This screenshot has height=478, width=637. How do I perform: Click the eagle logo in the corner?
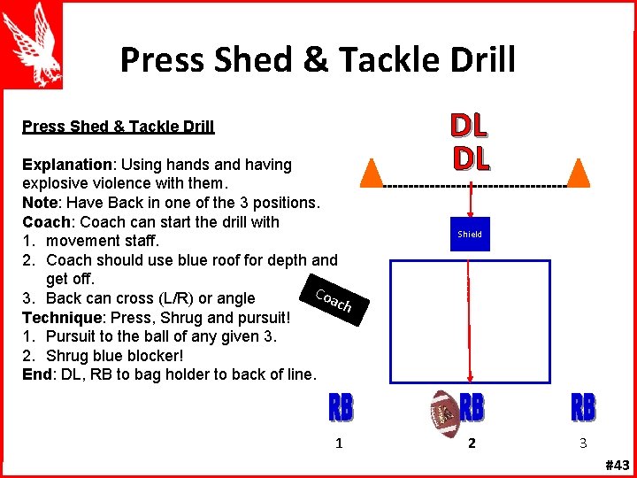point(38,43)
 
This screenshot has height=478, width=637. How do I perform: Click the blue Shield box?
point(470,235)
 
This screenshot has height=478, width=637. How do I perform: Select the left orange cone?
point(372,172)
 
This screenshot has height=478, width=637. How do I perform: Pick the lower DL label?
point(471,158)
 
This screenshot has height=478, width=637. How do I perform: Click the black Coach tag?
point(334,301)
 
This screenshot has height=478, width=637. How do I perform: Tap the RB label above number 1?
point(341,408)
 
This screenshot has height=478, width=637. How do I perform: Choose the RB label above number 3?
point(583,408)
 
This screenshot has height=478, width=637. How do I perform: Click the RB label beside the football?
point(472,408)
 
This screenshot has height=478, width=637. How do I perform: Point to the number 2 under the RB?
point(472,443)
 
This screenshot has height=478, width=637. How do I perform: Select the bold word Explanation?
point(66,165)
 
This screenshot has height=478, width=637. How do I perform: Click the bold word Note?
point(40,203)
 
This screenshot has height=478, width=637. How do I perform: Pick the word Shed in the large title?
point(245,60)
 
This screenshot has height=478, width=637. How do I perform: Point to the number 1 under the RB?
point(340,443)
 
